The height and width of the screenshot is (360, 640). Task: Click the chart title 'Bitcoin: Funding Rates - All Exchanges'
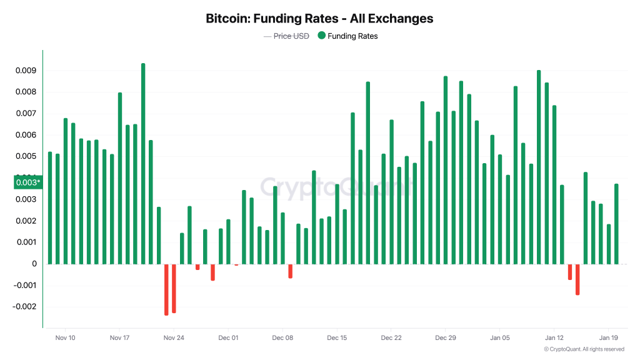[319, 19]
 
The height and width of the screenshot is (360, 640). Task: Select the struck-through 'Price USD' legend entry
[286, 36]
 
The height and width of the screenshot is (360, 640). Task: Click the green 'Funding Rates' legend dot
[321, 36]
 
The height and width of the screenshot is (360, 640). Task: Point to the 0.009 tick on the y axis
[26, 71]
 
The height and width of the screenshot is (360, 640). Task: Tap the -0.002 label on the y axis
[24, 307]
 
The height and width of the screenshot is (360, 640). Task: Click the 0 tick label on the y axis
[34, 264]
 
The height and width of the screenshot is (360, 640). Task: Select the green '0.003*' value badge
[27, 182]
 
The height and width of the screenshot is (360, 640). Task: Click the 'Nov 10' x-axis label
[65, 338]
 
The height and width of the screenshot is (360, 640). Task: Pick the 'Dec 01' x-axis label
[228, 338]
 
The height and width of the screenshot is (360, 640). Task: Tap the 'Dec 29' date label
[445, 338]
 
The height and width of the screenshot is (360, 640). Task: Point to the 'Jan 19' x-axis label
[609, 338]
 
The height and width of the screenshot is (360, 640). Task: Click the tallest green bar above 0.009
[143, 162]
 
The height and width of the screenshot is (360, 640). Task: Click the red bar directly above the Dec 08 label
[290, 271]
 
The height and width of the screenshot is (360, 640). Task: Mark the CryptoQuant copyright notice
[584, 349]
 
